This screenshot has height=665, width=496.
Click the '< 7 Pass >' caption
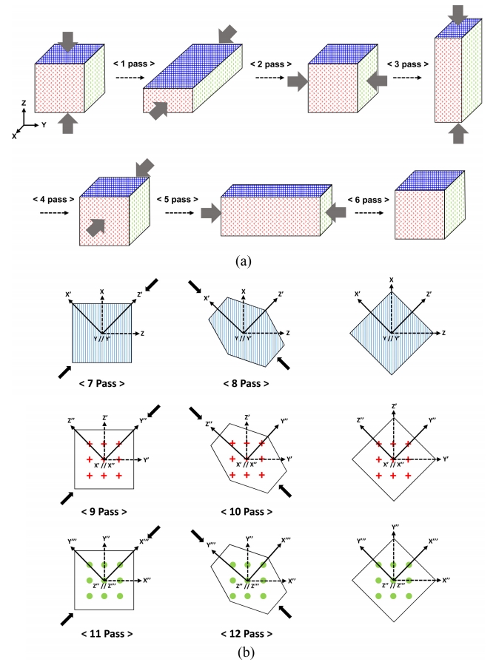[x=102, y=384]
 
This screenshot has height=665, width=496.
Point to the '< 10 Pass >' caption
[x=247, y=511]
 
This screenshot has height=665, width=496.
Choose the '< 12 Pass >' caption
[x=247, y=634]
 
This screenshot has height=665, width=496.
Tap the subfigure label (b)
[x=247, y=652]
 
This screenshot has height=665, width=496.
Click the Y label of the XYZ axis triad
[x=44, y=125]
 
